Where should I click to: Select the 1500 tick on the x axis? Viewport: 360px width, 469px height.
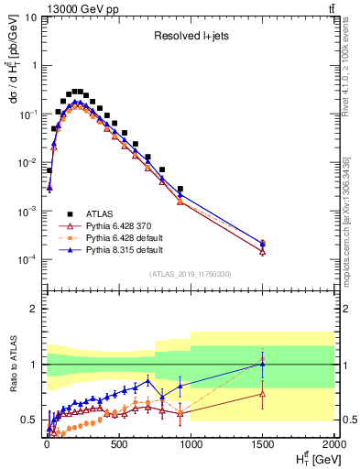(x=263, y=446)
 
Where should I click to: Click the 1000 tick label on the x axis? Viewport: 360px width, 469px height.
(x=191, y=446)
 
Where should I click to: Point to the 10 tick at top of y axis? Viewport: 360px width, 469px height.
(x=30, y=16)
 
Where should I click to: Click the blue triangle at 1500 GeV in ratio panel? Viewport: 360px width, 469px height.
(x=263, y=364)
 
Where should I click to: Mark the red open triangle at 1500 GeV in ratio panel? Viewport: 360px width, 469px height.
(x=263, y=394)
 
